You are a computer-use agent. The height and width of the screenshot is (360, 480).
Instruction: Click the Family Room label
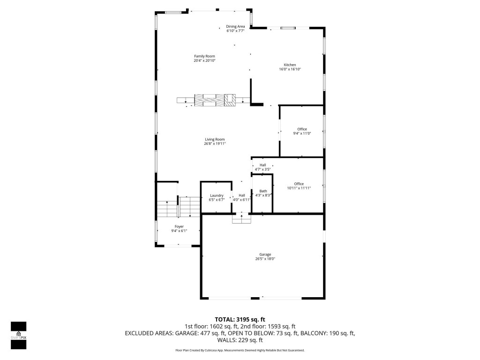coord(204,56)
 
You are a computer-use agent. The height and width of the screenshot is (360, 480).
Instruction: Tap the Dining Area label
coord(235,27)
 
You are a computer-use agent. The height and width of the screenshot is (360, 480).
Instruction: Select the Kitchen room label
coord(290,65)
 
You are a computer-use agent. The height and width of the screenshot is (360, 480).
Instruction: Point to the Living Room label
coord(215,139)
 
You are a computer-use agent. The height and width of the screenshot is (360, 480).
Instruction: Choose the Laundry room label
coord(217,195)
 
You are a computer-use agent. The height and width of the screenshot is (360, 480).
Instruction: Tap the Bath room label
coord(263,191)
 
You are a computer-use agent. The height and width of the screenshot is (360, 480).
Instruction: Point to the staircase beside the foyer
coord(178,207)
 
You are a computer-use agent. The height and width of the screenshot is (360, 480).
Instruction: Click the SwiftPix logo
coord(18,335)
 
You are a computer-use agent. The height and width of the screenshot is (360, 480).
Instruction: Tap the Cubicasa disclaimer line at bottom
coord(240,350)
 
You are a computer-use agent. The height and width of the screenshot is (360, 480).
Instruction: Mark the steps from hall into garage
coord(241,218)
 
